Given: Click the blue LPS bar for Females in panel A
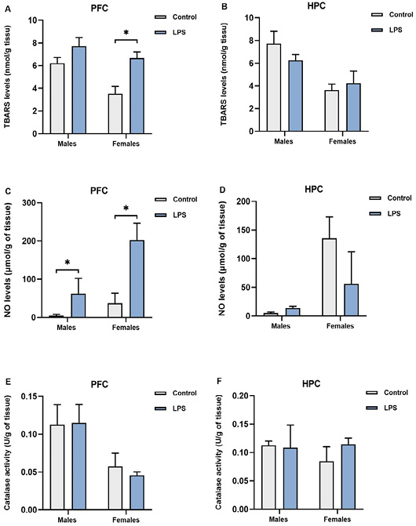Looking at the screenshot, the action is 137,96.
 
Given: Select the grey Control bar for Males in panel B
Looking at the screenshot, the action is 274,88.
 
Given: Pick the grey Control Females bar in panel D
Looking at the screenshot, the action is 330,277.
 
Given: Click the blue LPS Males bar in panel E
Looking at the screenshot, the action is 79,466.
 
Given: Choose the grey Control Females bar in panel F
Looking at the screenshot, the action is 327,485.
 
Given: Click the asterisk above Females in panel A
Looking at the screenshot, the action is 126,33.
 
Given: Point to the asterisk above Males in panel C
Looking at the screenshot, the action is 68,263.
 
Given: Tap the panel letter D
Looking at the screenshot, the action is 222,190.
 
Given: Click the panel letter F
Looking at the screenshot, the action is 220,382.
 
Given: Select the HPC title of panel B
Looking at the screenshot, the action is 316,6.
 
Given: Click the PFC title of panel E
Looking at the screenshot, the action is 100,384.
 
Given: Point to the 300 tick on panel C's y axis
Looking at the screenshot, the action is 30,202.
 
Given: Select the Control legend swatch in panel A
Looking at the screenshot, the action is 160,17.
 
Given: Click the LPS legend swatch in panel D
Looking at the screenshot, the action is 375,214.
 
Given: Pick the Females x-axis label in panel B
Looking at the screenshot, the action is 342,142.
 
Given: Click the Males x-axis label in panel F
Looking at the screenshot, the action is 279,520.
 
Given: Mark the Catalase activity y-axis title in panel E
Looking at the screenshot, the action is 7,453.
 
